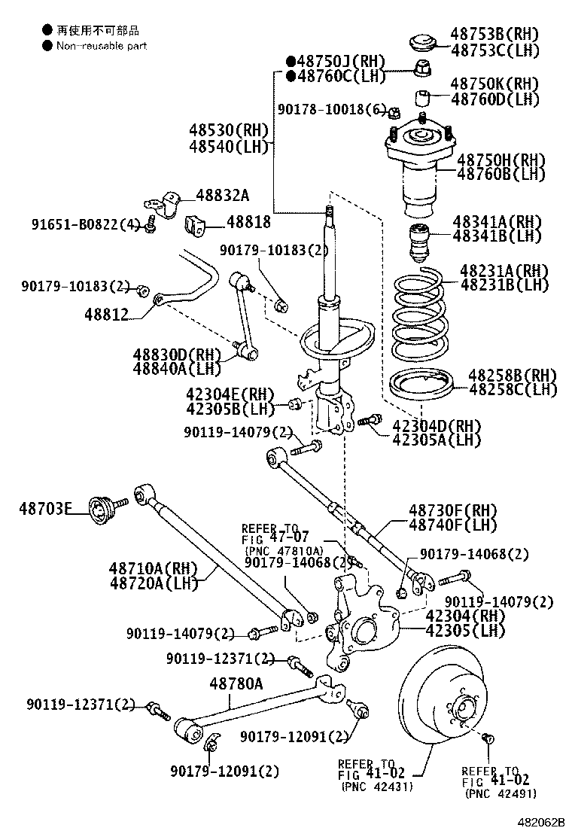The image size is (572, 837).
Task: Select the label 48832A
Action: coord(222,195)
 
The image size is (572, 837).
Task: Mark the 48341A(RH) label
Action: coord(496,221)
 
